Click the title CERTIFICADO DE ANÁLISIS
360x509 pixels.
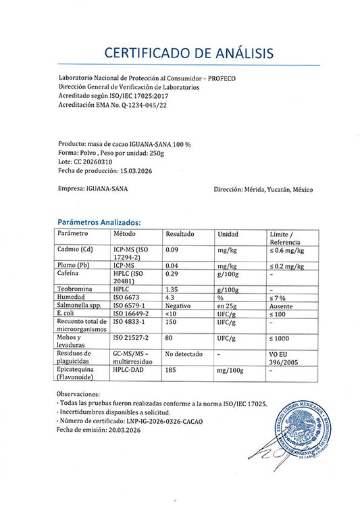click(x=180, y=52)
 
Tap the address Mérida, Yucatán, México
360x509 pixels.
click(x=277, y=190)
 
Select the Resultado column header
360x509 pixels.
click(x=180, y=233)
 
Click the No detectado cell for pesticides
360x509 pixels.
click(x=184, y=353)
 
